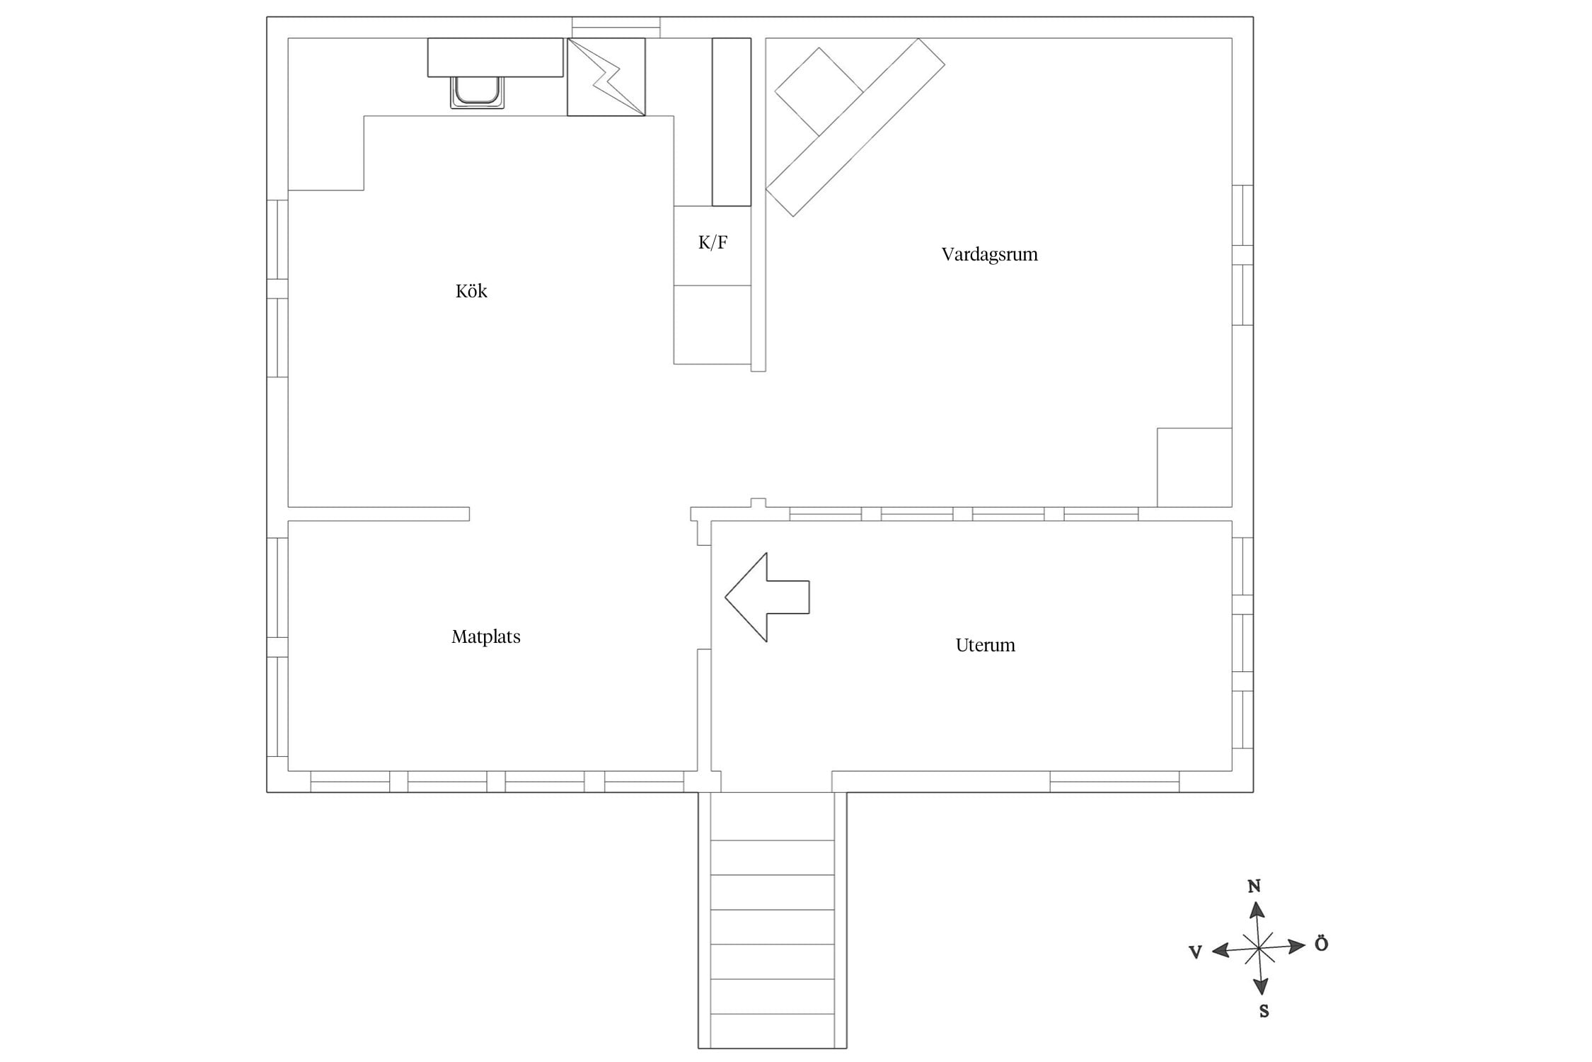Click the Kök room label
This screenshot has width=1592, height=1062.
[x=471, y=291]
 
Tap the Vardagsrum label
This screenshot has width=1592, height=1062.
[x=989, y=254]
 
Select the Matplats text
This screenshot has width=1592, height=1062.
[x=486, y=636]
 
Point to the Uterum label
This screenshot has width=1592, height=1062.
[x=985, y=645]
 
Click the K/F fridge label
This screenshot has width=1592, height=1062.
[x=713, y=243]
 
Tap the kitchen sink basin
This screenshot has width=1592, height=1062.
[x=478, y=93]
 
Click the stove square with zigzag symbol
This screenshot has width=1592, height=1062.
[x=606, y=77]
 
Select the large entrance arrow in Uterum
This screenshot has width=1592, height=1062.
[x=767, y=597]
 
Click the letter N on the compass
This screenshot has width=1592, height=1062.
[x=1254, y=886]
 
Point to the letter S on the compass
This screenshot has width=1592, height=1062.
[x=1264, y=1012]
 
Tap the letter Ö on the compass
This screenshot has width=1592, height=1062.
[x=1321, y=944]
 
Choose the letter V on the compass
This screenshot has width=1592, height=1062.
[x=1196, y=952]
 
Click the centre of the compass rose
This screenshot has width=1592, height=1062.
[x=1259, y=947]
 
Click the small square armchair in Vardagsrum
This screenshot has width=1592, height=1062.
[x=819, y=91]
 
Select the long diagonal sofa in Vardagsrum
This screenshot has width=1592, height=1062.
[x=855, y=127]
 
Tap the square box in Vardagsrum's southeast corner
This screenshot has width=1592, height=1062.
[x=1194, y=467]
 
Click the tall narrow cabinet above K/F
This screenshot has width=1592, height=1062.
[x=732, y=122]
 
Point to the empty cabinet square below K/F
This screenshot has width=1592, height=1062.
[x=713, y=325]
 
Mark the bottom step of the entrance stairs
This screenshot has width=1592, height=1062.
[x=773, y=1032]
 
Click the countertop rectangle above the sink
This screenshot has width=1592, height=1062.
[x=495, y=57]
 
